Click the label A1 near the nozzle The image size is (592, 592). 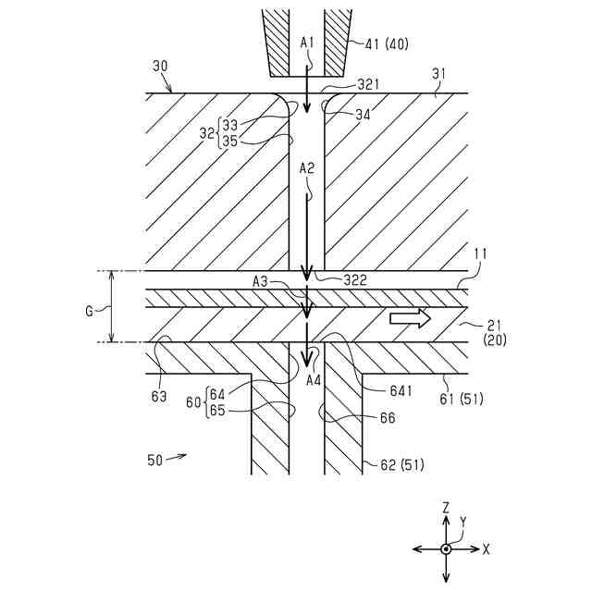pos(308,43)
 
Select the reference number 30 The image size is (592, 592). pos(160,67)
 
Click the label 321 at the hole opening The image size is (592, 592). pos(344,84)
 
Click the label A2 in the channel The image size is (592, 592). pos(307,168)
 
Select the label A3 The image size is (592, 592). pos(263,280)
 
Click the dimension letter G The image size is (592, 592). pos(89,312)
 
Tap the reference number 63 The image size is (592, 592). pos(159,396)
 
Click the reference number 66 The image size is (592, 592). pos(388,417)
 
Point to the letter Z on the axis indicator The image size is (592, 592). pos(446,509)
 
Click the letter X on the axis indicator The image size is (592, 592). pos(486,549)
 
